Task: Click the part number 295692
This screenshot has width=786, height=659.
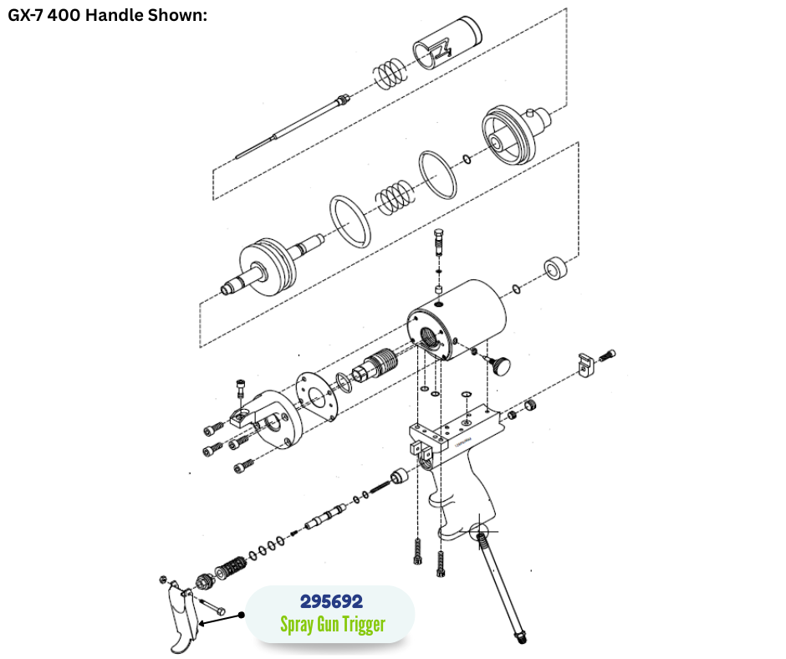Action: tap(331, 600)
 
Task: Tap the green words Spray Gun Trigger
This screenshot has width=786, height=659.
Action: tap(333, 625)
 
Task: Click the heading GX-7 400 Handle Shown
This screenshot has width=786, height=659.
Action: tap(107, 15)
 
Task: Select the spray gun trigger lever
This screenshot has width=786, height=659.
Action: tap(181, 618)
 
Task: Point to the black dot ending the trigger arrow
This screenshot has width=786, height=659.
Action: tap(242, 615)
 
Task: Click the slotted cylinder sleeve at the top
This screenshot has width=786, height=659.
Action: tap(447, 43)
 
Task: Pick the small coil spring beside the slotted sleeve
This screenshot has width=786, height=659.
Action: tap(390, 73)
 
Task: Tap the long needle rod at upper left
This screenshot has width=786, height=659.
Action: tap(293, 126)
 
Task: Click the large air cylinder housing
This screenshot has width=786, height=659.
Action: tap(457, 320)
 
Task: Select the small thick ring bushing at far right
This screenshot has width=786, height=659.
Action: tap(556, 268)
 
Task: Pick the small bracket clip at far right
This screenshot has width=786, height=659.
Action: tap(585, 365)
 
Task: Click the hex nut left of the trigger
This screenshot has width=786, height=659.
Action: tap(162, 580)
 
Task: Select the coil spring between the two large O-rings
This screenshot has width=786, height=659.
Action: tap(395, 197)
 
